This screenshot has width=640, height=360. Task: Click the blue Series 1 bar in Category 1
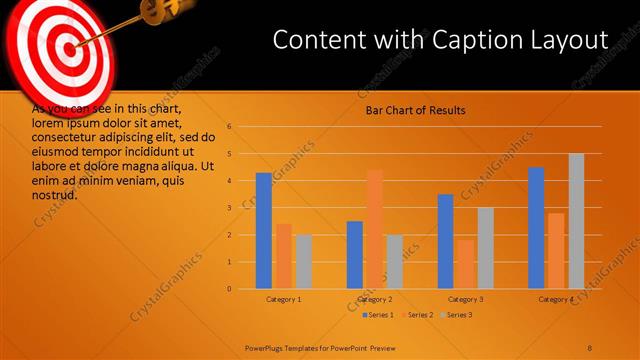coord(264,231)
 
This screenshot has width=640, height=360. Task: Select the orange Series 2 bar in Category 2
coord(374,229)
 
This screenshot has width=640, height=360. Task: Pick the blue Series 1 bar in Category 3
coord(445,241)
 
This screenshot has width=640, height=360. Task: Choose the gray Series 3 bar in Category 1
coord(303,262)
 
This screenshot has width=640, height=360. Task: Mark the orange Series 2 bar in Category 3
coord(465,264)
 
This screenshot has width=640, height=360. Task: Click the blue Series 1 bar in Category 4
coord(536,228)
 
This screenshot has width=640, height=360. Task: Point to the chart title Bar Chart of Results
coord(415,110)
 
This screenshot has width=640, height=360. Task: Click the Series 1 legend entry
coord(379,315)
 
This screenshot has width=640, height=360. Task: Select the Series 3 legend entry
coord(458,315)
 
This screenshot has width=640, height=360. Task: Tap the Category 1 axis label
coord(284,299)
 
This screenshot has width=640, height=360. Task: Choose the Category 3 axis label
coord(465,299)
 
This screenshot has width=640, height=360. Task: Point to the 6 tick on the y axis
coord(229,127)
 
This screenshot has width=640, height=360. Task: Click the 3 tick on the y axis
coord(229,208)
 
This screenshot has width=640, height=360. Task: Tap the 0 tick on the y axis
coord(229,289)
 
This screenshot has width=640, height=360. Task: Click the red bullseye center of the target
coord(67,46)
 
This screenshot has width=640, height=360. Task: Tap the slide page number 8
coord(590,346)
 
